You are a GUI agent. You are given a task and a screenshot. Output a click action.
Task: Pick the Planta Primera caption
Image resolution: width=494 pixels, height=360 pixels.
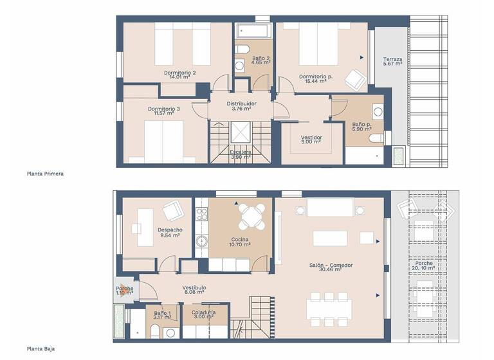(x=45, y=174)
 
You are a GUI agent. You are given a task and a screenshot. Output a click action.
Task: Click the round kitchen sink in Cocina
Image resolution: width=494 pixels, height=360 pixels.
(x=201, y=242)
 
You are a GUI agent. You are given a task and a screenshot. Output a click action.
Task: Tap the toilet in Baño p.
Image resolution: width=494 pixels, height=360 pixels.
(x=376, y=137)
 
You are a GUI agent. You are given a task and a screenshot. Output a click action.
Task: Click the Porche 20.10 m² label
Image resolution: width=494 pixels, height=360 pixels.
(x=424, y=266)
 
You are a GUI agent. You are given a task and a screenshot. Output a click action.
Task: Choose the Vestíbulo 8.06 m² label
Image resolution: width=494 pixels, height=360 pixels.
(x=194, y=289)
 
